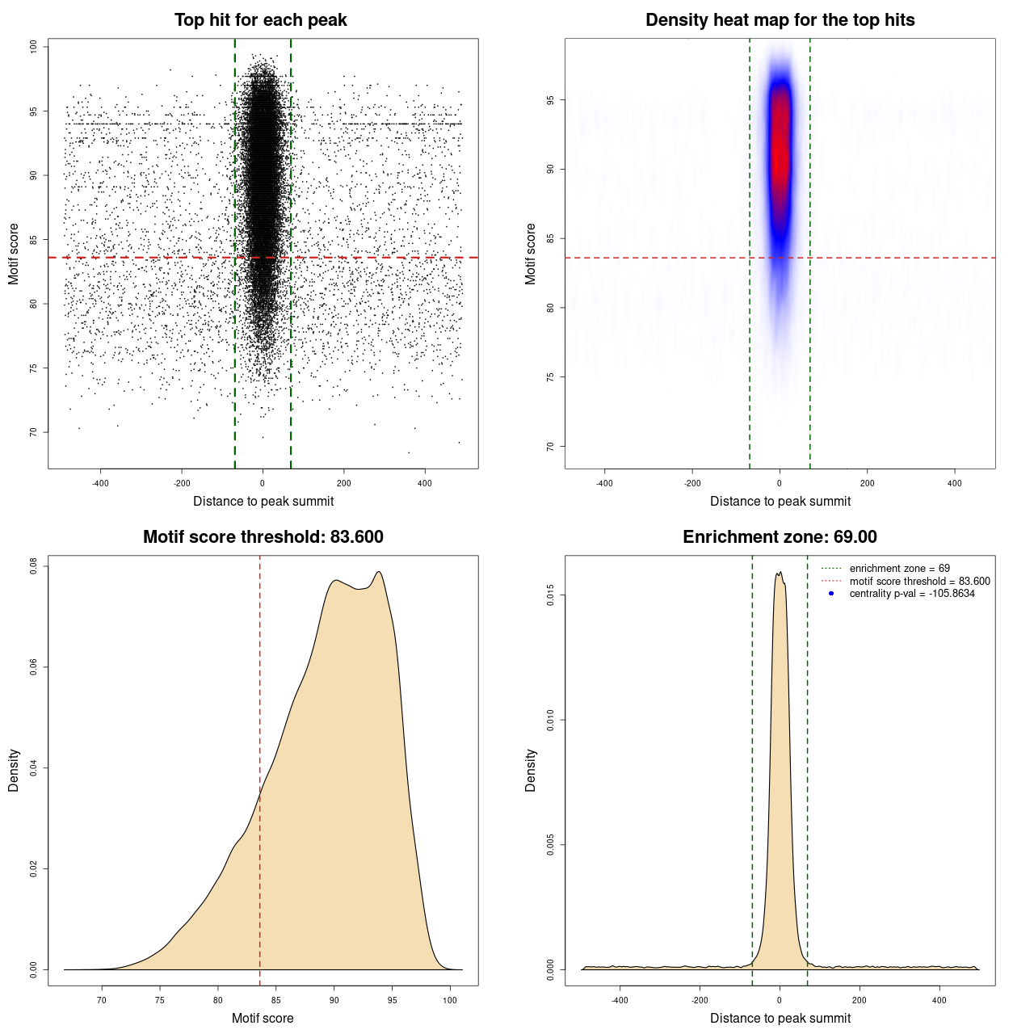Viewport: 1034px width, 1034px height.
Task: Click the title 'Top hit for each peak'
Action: [261, 20]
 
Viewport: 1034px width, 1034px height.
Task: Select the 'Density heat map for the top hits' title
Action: [780, 20]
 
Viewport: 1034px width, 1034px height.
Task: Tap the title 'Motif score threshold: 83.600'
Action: [263, 537]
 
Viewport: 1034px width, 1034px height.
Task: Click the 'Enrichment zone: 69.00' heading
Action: [780, 537]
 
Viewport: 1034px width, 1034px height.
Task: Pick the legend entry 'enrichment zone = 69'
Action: [899, 569]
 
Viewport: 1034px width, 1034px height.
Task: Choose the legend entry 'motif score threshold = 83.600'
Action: [919, 581]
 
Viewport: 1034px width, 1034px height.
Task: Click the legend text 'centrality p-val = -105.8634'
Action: [912, 594]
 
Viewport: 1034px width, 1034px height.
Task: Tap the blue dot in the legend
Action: [831, 594]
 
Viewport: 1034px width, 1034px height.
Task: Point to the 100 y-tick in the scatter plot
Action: [34, 47]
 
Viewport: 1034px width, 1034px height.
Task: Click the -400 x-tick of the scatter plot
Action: [100, 483]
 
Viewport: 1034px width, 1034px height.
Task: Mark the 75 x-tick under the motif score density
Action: [160, 1000]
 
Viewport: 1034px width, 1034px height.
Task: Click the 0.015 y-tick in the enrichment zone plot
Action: [551, 596]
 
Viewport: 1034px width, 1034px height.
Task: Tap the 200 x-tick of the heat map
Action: [867, 483]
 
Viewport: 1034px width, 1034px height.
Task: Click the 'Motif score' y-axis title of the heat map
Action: [530, 254]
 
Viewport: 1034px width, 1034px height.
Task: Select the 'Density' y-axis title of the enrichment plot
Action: [530, 770]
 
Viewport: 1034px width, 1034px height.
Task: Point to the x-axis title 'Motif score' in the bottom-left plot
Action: [263, 1018]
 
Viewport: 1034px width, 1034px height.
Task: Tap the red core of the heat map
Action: [779, 153]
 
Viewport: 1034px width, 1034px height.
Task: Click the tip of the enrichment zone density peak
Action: [779, 573]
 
